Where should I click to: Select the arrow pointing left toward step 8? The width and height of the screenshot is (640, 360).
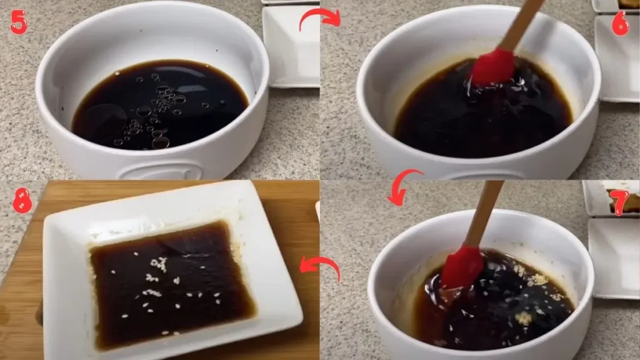(x=320, y=267)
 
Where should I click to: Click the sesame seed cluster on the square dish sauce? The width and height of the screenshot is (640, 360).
(x=159, y=265)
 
